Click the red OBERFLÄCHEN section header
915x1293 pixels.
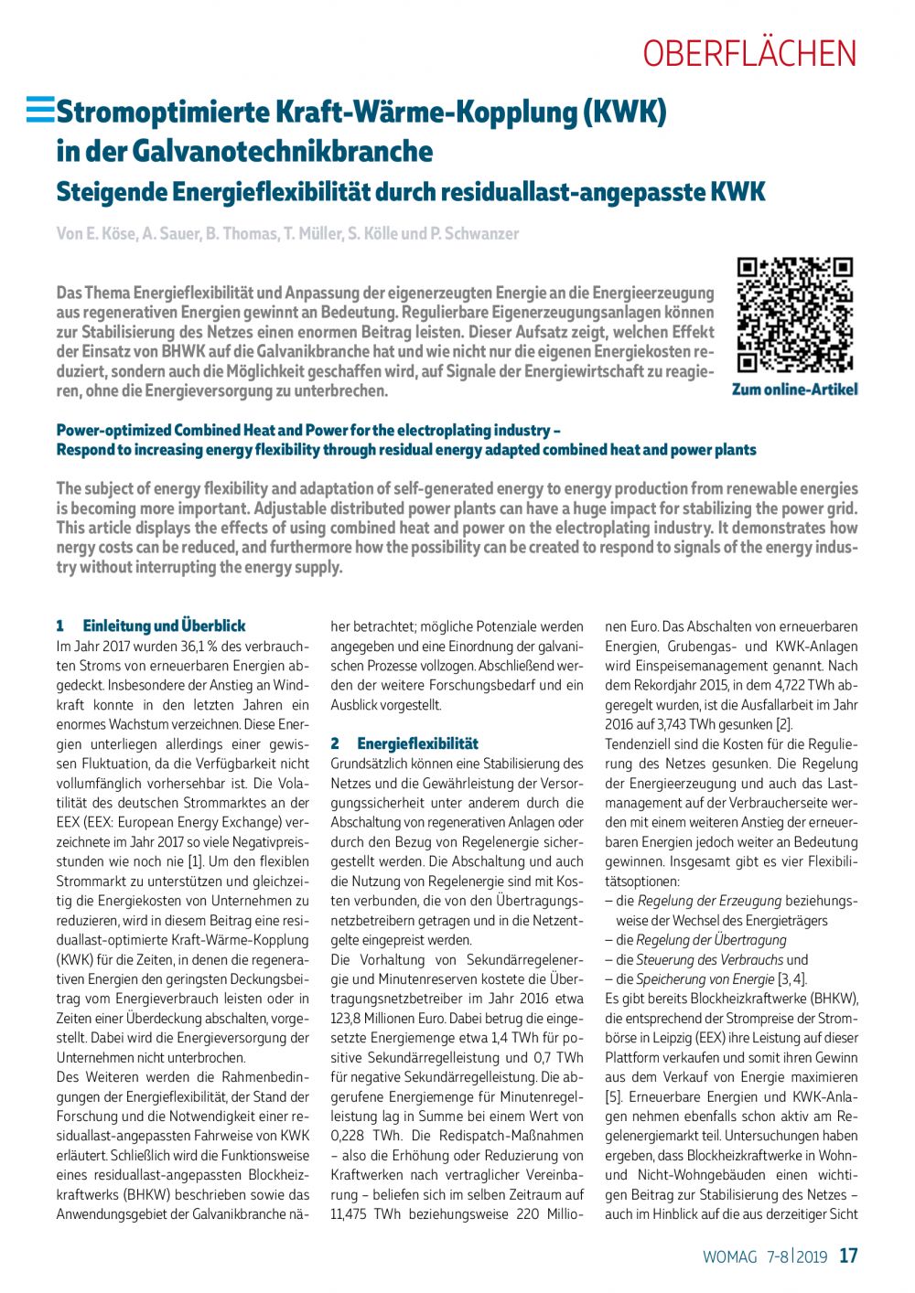tap(749, 53)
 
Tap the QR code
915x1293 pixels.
tap(795, 315)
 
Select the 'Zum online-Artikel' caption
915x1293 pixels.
tap(794, 390)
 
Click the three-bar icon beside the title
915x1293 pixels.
tap(39, 111)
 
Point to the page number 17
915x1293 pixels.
tap(848, 1256)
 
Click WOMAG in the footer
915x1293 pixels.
tap(729, 1256)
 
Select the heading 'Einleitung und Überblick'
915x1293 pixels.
tap(164, 626)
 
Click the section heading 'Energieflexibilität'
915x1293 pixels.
tap(417, 743)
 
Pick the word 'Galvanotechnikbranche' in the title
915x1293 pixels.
tap(283, 150)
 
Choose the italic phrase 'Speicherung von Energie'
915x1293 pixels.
tap(705, 979)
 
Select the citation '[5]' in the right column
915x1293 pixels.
tap(613, 1096)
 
